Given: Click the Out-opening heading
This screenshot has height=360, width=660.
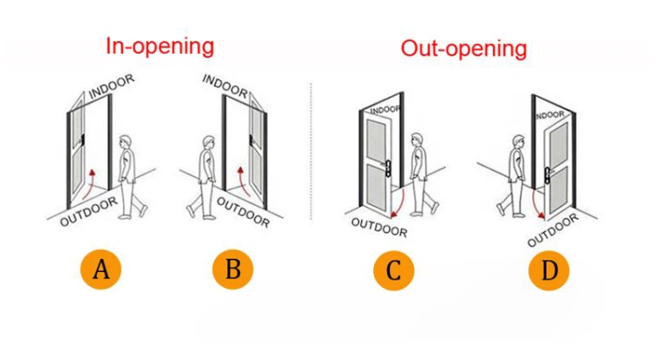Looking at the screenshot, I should (x=464, y=48).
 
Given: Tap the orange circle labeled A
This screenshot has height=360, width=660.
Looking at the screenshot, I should (x=101, y=269).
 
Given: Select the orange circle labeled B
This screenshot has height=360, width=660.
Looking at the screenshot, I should (x=232, y=269).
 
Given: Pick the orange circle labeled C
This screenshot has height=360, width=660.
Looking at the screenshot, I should (x=393, y=271).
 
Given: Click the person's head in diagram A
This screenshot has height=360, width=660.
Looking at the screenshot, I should (x=127, y=142).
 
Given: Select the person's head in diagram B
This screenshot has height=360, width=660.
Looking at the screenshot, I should (x=208, y=142).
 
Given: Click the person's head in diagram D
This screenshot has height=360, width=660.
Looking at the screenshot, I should (x=519, y=141).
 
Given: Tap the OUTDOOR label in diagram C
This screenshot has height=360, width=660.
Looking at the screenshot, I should (x=379, y=226).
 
